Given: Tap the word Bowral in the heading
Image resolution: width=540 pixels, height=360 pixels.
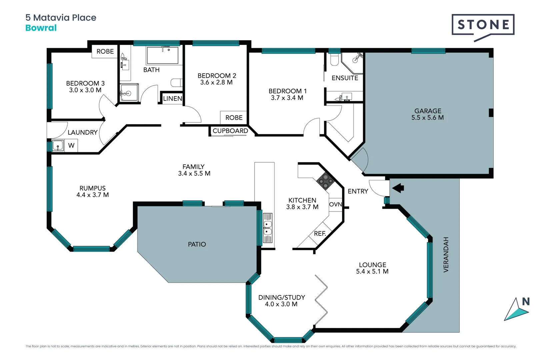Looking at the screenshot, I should point(41,28).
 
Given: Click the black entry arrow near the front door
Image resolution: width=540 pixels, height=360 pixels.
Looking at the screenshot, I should point(398,188).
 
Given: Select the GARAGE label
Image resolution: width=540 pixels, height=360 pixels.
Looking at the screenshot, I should point(428,111).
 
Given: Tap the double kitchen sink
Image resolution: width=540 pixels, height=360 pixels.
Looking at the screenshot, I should point(268,228).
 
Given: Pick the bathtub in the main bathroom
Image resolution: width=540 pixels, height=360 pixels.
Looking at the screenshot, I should point(163,55).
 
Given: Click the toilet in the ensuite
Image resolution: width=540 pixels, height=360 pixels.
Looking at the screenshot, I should point(334,60).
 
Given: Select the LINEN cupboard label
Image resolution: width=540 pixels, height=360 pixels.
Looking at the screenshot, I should point(172,99).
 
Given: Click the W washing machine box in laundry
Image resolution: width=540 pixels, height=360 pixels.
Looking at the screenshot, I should point(71,146).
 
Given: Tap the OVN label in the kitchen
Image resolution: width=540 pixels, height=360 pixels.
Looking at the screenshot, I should point(335,204).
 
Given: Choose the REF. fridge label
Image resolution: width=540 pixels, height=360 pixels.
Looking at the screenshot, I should point(320,234).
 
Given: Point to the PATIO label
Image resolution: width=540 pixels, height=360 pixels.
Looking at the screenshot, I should point(197,244).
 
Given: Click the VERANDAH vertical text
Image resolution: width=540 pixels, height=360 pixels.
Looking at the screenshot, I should point(446,255).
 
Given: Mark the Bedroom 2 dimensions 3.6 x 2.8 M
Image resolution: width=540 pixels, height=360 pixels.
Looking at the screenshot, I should point(216,82).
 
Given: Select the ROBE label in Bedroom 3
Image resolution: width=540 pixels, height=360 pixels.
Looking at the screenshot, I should point(105,52).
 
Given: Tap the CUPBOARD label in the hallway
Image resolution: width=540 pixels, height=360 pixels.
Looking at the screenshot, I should point(230,131).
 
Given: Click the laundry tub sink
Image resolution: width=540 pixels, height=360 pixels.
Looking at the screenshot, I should point(58,146).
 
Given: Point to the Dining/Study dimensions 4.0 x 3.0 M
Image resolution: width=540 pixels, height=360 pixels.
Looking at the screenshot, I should point(281,304).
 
